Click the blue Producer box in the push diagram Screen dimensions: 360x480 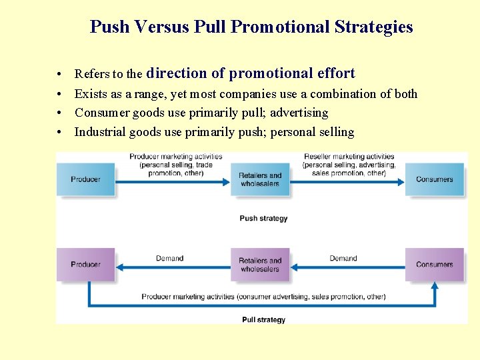pos(86,179)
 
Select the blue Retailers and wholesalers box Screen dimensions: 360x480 pos(260,179)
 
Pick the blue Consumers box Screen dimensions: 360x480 pos(434,179)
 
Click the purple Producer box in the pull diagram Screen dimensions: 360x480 pos(86,265)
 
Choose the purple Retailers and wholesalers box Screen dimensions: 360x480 pos(260,265)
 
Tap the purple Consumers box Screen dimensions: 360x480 pos(434,265)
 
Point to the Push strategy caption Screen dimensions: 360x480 pos(263,218)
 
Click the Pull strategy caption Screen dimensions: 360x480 pos(263,320)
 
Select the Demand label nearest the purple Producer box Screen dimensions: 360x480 pos(169,258)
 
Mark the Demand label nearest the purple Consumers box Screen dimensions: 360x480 pos(343,258)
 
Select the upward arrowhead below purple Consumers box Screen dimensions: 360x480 pos(435,286)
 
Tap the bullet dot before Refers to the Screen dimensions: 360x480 pos(60,74)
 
